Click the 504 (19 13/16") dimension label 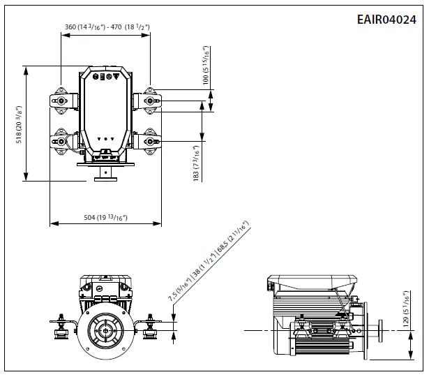coord(105,217)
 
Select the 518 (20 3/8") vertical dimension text coord(20,124)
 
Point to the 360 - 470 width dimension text coord(107,27)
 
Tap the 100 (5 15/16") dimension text coord(206,65)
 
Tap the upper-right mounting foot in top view coord(149,101)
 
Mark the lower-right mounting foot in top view coord(149,141)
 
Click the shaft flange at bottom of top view coord(105,175)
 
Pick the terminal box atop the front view coord(105,286)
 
